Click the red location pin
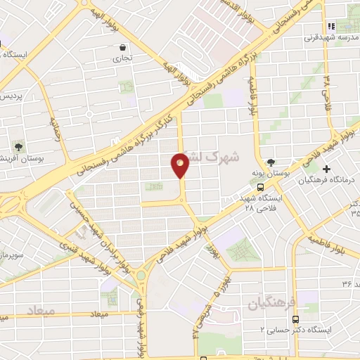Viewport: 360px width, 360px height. click(180, 165)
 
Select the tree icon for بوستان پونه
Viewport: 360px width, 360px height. click(272, 161)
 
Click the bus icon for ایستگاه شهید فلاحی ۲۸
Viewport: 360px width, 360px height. click(261, 188)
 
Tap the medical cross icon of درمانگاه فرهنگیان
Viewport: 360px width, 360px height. click(326, 169)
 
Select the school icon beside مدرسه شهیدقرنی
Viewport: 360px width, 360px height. click(331, 27)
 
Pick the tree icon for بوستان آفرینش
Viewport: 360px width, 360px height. click(18, 148)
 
